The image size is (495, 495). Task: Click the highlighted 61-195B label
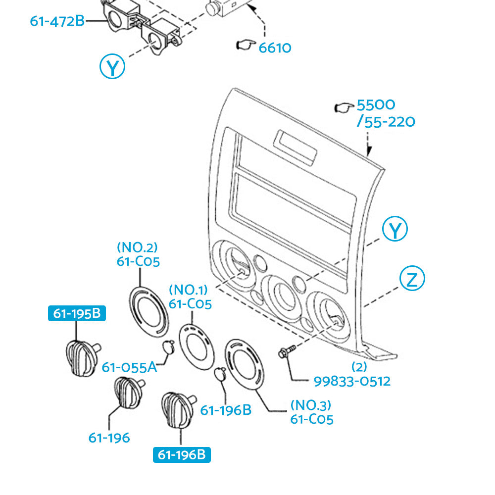(x=76, y=313)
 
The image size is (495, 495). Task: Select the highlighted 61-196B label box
(x=182, y=454)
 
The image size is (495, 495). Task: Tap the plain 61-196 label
(x=109, y=438)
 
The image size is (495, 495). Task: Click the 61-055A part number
(x=129, y=367)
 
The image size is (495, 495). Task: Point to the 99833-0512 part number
(x=352, y=381)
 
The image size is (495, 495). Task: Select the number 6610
(x=275, y=48)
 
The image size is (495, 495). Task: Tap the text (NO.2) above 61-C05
(x=137, y=247)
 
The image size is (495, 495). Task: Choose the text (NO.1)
(x=189, y=290)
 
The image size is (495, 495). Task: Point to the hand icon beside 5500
(x=343, y=106)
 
